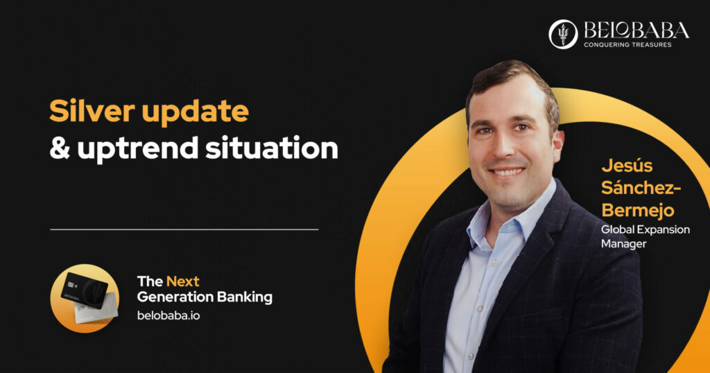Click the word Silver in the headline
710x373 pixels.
pyautogui.click(x=92, y=111)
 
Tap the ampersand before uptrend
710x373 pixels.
pyautogui.click(x=60, y=148)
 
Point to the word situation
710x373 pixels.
pyautogui.click(x=272, y=148)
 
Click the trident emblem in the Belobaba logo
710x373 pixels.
pyautogui.click(x=563, y=34)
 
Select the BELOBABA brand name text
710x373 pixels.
pyautogui.click(x=637, y=31)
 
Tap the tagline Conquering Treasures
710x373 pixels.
pyautogui.click(x=627, y=45)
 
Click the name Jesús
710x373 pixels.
pyautogui.click(x=627, y=166)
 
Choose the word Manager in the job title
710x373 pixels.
pyautogui.click(x=623, y=244)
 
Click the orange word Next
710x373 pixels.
pyautogui.click(x=183, y=281)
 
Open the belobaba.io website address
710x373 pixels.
pyautogui.click(x=168, y=315)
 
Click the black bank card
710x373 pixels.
pyautogui.click(x=85, y=290)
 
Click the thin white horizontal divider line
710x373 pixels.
pyautogui.click(x=184, y=229)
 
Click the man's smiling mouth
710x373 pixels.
pyautogui.click(x=507, y=171)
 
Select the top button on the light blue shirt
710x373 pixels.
pyautogui.click(x=494, y=263)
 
